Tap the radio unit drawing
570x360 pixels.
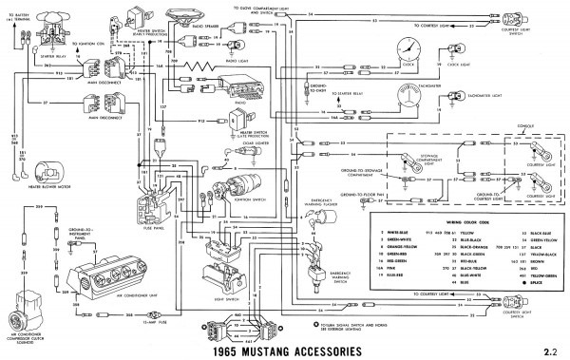coord(234,104)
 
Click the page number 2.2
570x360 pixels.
coord(547,350)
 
